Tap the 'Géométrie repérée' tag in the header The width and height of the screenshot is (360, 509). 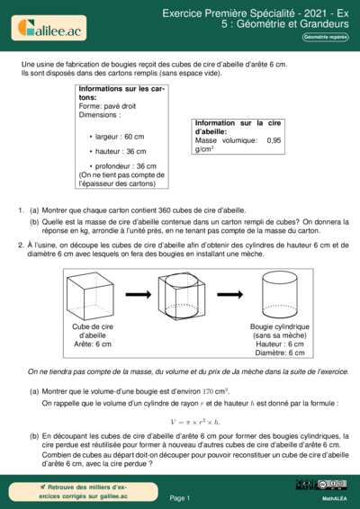click(325, 37)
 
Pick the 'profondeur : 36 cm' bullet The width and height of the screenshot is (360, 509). click(125, 166)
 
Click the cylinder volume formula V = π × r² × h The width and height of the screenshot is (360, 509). click(194, 422)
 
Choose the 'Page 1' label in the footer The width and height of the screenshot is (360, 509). click(179, 497)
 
